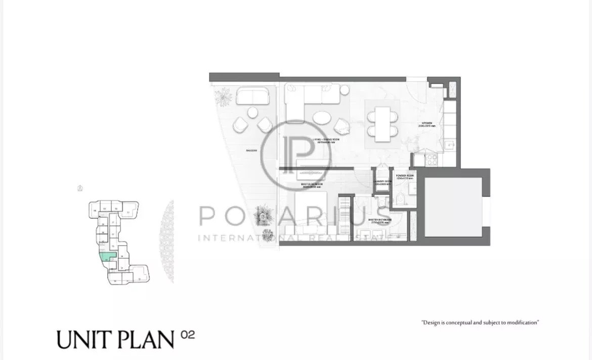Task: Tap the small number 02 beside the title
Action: coord(187,334)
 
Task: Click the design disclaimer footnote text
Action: coord(480,322)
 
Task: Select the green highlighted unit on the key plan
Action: coord(108,256)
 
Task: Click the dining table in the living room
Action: coord(383,122)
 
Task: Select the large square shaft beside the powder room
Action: coord(453,206)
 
